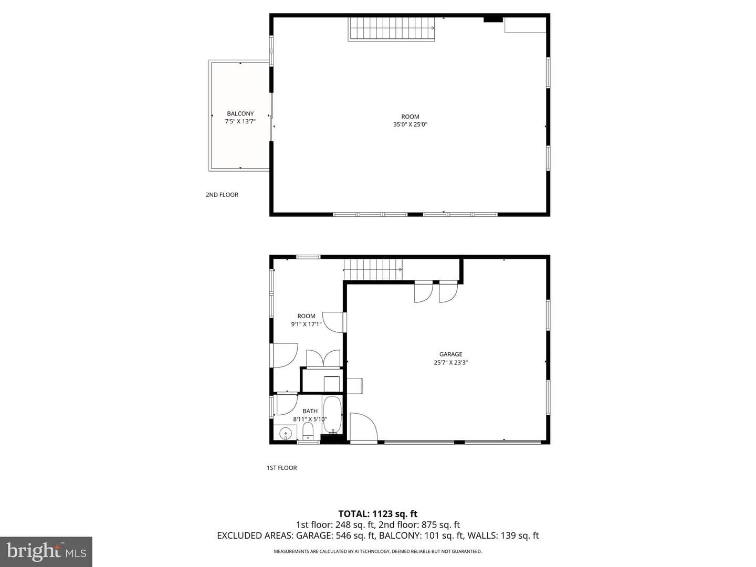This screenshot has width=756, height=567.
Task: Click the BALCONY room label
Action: click(240, 113)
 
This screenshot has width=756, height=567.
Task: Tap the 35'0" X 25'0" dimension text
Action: click(410, 124)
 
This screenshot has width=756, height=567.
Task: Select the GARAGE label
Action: click(450, 354)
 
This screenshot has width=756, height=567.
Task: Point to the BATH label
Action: click(310, 411)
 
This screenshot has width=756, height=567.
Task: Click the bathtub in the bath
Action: click(332, 415)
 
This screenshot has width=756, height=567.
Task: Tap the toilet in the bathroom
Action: click(308, 432)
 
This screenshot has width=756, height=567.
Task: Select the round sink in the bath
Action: click(285, 433)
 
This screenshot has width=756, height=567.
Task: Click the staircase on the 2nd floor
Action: click(391, 28)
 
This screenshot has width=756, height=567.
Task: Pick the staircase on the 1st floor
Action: click(373, 269)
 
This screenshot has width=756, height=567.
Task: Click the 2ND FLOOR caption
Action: click(222, 194)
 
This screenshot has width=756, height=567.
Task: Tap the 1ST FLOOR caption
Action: click(281, 467)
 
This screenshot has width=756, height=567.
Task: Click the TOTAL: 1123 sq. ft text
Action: click(378, 514)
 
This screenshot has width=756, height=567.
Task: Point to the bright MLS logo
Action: click(46, 551)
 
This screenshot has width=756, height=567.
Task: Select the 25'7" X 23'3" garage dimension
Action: click(450, 362)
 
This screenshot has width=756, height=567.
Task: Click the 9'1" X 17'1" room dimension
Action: click(306, 324)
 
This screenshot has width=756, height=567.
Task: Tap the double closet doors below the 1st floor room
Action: click(323, 359)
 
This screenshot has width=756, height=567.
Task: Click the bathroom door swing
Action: click(287, 404)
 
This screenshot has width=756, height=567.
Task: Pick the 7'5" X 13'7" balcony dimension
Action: click(240, 121)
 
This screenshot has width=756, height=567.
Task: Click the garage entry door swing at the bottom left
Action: click(364, 426)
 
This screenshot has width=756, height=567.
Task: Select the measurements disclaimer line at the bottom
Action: click(378, 551)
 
